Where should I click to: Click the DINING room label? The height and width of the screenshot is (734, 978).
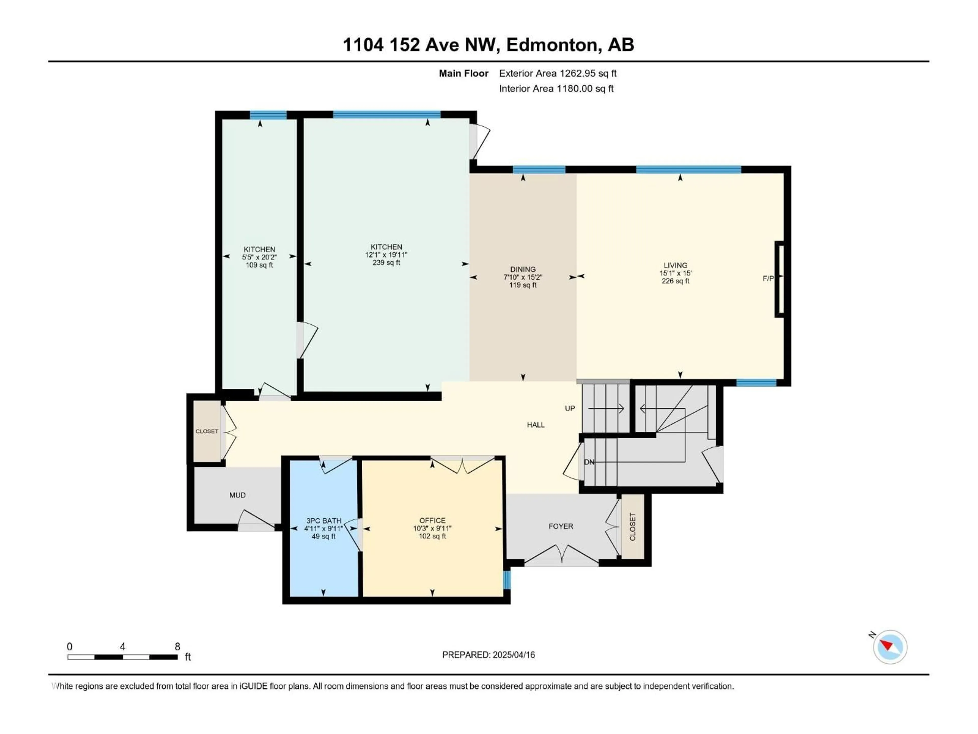click(x=523, y=269)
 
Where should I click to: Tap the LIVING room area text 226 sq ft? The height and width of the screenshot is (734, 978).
click(x=675, y=281)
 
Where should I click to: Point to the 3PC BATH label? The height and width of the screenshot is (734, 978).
click(x=324, y=521)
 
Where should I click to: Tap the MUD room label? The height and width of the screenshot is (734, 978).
click(x=237, y=495)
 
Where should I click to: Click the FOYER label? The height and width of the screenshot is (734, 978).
click(x=561, y=526)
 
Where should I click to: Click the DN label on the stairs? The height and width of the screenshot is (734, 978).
click(x=589, y=462)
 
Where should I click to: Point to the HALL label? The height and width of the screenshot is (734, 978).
click(x=535, y=425)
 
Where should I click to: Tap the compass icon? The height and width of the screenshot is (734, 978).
click(x=890, y=647)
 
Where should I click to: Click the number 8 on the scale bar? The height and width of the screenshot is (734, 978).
click(x=177, y=646)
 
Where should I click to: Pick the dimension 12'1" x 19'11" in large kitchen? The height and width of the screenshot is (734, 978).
click(x=386, y=255)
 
